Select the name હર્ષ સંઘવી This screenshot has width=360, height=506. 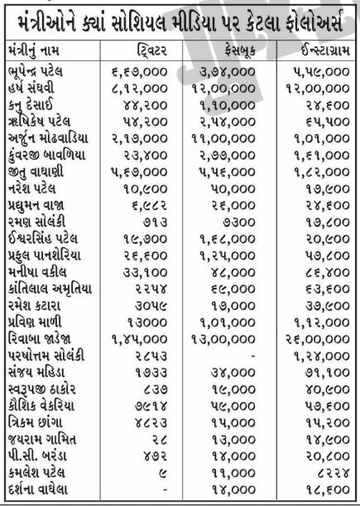click(38, 88)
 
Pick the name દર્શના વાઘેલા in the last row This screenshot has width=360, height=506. click(45, 491)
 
